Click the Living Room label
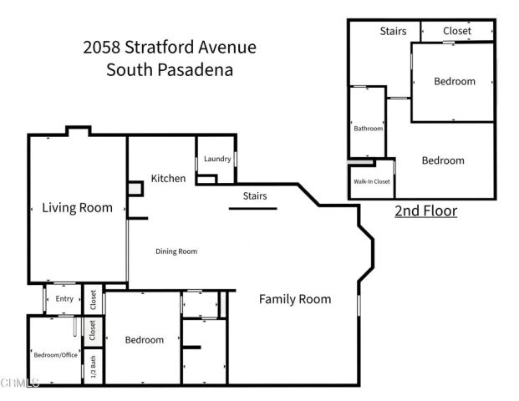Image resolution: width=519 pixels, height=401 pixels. [77, 208]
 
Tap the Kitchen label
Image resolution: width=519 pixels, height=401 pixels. [168, 178]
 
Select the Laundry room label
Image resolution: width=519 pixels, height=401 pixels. [216, 159]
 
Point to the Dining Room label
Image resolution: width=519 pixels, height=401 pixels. [176, 251]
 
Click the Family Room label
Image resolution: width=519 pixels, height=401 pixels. [294, 299]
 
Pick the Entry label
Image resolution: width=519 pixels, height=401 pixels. [64, 299]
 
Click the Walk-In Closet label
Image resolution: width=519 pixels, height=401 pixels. [371, 181]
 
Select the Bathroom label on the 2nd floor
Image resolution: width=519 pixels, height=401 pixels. [368, 129]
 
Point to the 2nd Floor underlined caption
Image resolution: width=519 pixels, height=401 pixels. [425, 211]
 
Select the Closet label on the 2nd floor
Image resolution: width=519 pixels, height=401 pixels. [456, 31]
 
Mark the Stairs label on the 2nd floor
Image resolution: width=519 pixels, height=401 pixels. [393, 32]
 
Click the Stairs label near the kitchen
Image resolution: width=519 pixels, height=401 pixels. [255, 196]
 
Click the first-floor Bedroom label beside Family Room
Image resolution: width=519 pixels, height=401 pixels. [144, 340]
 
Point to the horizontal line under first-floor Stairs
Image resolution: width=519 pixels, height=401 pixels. [251, 210]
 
